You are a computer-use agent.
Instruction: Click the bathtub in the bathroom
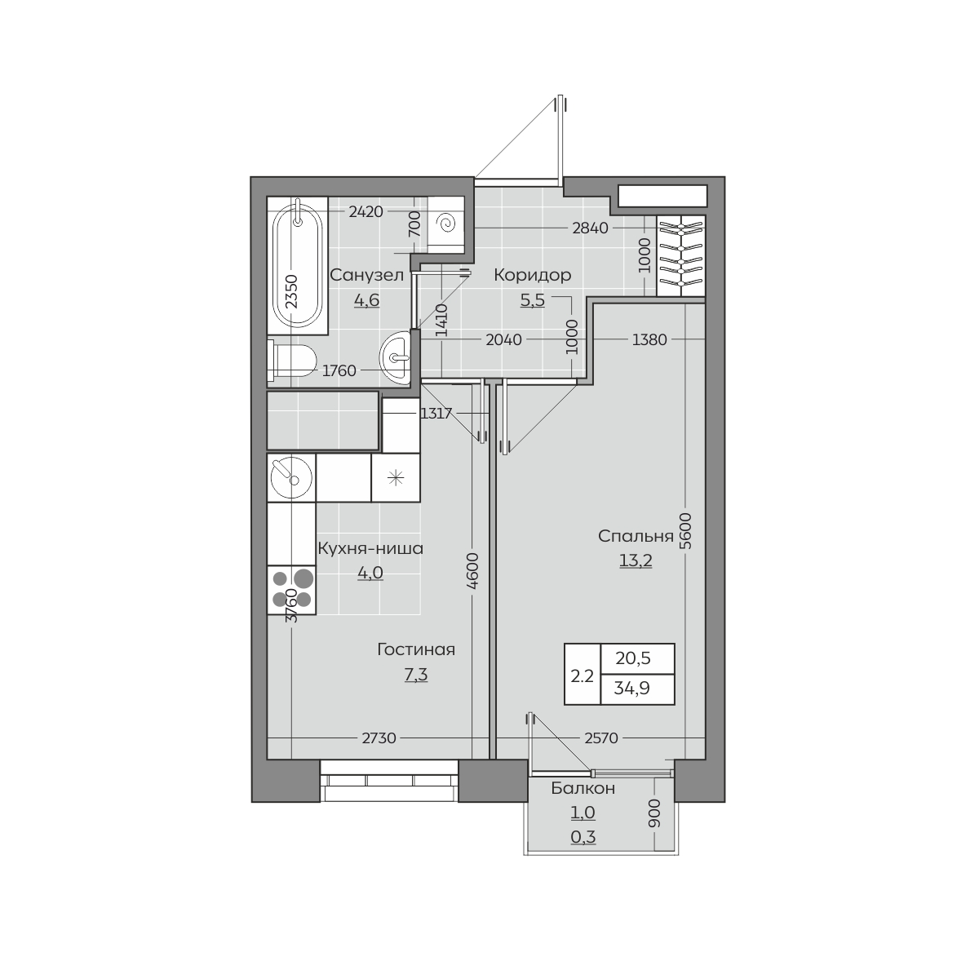(298, 265)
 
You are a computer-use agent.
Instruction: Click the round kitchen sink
(291, 477)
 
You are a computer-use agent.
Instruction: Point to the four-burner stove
(291, 590)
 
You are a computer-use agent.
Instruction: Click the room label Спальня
(636, 536)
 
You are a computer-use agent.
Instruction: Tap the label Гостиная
(416, 649)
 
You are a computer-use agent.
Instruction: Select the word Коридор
(533, 275)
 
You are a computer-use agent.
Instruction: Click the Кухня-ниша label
(370, 548)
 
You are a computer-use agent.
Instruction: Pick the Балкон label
(583, 788)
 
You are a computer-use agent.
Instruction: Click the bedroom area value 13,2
(636, 560)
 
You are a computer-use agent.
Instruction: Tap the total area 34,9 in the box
(632, 689)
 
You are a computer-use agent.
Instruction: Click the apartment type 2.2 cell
(583, 676)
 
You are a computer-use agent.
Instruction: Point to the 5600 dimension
(685, 531)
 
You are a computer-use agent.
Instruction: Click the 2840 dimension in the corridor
(590, 228)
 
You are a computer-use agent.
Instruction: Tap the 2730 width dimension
(379, 738)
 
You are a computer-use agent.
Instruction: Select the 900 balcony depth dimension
(655, 813)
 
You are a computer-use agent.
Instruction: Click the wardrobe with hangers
(680, 255)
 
